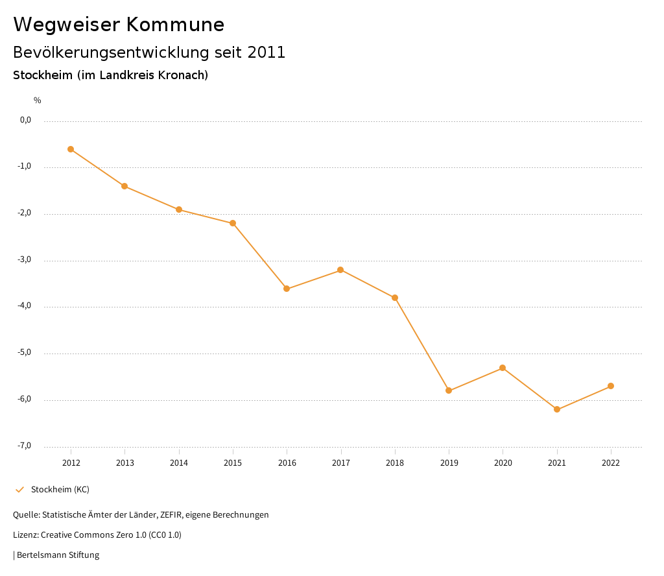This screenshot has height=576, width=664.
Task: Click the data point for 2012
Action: click(x=71, y=149)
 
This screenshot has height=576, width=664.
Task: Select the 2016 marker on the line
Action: click(x=287, y=289)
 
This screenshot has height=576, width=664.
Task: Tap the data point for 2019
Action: click(x=449, y=390)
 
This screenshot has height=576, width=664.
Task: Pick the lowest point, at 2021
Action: click(x=557, y=409)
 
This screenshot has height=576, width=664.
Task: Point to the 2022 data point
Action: click(x=611, y=386)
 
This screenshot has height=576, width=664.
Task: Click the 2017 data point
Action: click(x=340, y=270)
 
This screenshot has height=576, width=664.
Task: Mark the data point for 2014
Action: click(x=179, y=210)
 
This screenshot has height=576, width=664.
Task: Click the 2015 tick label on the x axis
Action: click(x=233, y=463)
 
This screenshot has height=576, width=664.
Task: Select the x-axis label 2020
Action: click(x=503, y=463)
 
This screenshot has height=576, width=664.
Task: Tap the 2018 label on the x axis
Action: click(x=395, y=463)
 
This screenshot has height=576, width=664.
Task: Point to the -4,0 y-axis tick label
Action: click(x=25, y=306)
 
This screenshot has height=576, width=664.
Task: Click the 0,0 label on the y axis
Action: click(x=25, y=120)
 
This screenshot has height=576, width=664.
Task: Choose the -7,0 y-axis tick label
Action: click(x=25, y=446)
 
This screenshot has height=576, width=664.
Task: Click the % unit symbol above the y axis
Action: click(x=38, y=101)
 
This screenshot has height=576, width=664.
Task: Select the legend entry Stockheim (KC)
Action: click(x=60, y=489)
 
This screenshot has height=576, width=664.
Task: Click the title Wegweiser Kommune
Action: click(x=119, y=25)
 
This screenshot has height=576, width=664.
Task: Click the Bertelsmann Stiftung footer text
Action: click(x=58, y=555)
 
